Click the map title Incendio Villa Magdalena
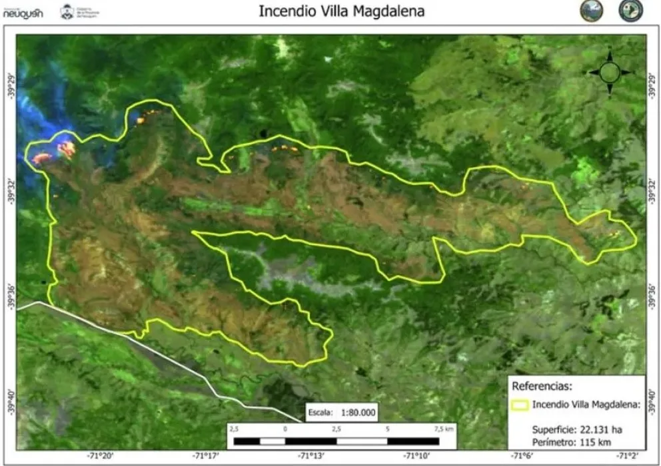click(341, 11)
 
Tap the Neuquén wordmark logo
click(23, 12)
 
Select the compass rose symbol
click(610, 73)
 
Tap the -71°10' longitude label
click(417, 456)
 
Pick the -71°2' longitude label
click(627, 456)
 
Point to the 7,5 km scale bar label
click(444, 430)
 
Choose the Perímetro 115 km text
click(564, 442)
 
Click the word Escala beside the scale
click(321, 413)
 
